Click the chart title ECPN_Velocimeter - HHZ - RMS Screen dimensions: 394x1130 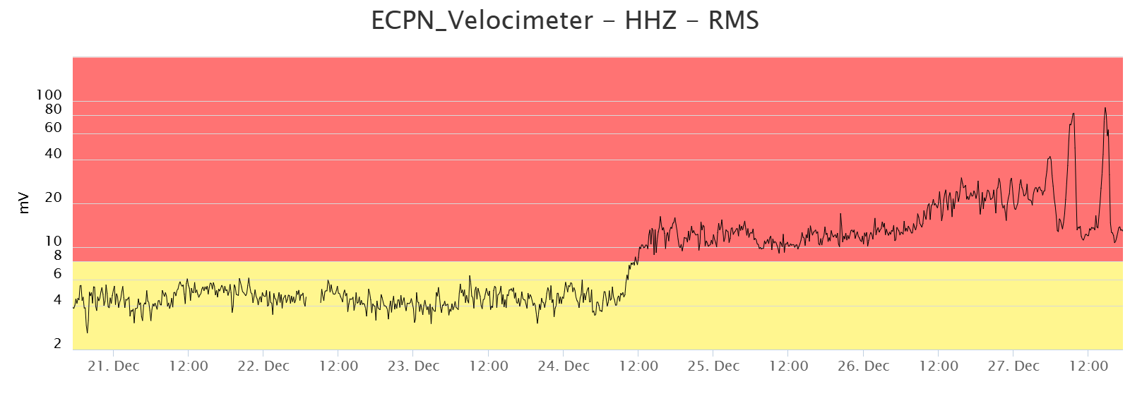(565, 20)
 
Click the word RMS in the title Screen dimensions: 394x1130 (734, 20)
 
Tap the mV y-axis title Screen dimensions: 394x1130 (24, 203)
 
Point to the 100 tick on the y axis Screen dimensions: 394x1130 (49, 95)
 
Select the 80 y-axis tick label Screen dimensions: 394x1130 (53, 109)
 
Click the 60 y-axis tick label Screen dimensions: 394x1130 (53, 128)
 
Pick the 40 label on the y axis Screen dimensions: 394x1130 (53, 154)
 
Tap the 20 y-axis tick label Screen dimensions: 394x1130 (53, 198)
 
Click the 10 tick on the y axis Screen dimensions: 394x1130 (53, 241)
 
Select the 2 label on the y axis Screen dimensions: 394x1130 (57, 344)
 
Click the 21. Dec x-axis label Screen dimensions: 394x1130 (114, 366)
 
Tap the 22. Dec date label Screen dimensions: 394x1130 (263, 366)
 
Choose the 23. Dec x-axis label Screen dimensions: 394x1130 (413, 366)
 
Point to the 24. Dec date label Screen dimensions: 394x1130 (564, 366)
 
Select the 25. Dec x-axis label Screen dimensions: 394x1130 (713, 366)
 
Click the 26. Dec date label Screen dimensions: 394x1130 (863, 366)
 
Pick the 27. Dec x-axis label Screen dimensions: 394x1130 (1013, 366)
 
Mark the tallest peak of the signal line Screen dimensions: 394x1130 (1105, 108)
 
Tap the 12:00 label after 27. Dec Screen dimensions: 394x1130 (1088, 366)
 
